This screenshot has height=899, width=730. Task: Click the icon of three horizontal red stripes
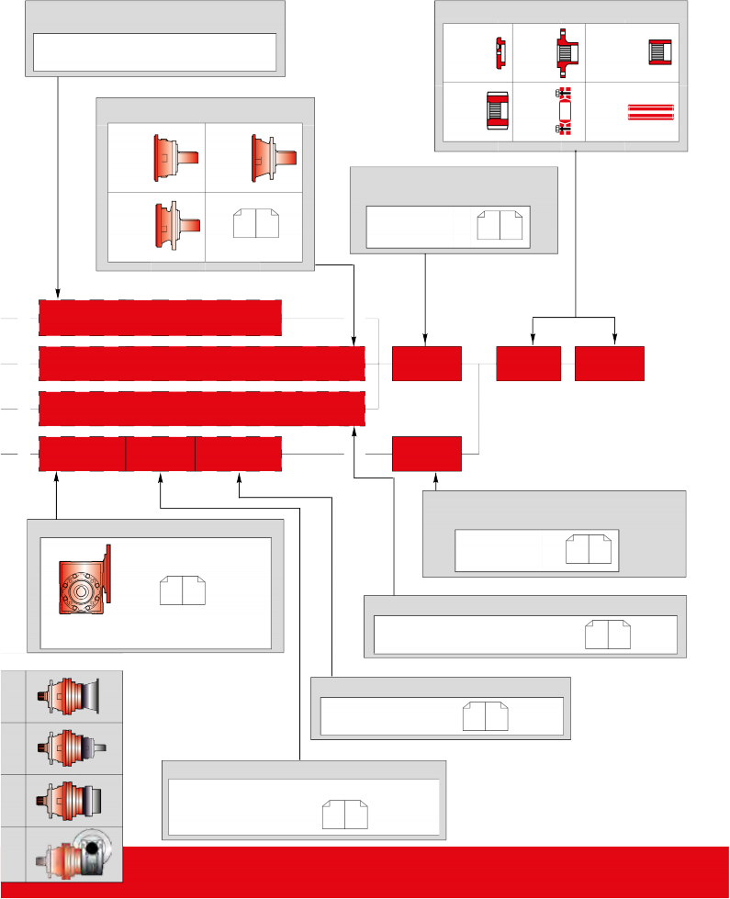click(x=650, y=112)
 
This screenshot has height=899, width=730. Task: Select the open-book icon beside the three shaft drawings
click(x=255, y=223)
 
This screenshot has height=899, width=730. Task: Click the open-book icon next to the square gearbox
click(x=183, y=590)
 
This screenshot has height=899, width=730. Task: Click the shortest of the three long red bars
click(x=160, y=318)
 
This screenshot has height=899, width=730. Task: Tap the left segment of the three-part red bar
click(x=82, y=455)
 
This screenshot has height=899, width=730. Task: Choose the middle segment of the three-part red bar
click(x=160, y=455)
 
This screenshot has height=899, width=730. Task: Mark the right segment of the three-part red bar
click(x=238, y=455)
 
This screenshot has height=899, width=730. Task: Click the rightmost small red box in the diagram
click(x=610, y=364)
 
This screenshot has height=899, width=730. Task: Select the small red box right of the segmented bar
click(x=426, y=455)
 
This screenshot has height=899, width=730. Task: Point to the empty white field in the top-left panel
click(x=154, y=51)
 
